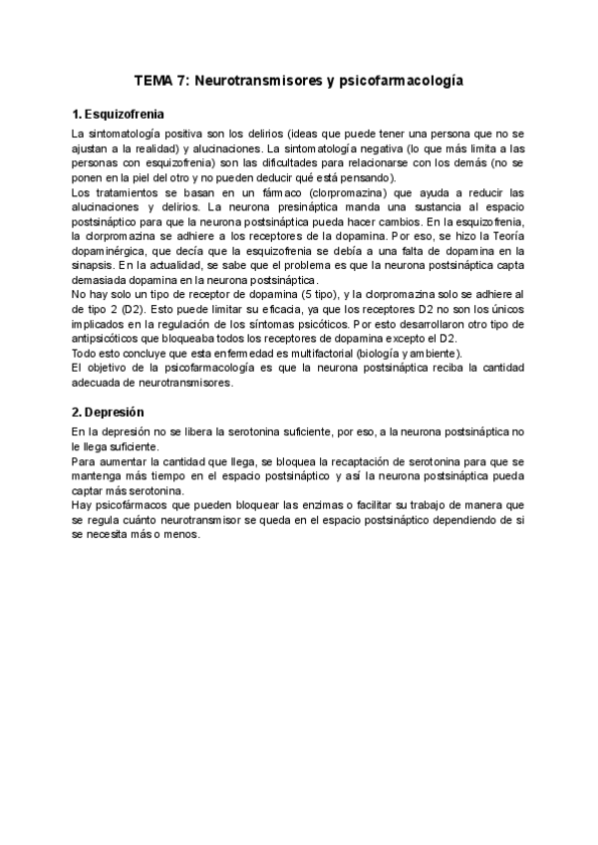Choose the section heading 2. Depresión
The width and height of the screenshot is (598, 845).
click(x=109, y=413)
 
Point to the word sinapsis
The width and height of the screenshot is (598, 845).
click(x=95, y=267)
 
